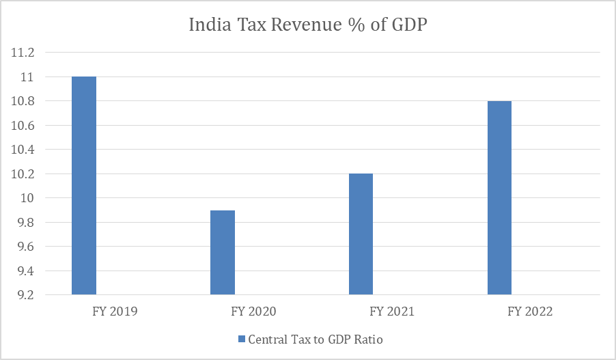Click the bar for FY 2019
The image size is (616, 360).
[x=84, y=186]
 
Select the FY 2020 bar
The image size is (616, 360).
[x=223, y=253]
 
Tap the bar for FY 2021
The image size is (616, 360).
[x=361, y=234]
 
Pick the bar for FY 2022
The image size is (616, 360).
[x=499, y=198]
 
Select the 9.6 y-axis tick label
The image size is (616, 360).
[x=27, y=247]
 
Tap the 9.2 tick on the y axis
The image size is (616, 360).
[x=27, y=295]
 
